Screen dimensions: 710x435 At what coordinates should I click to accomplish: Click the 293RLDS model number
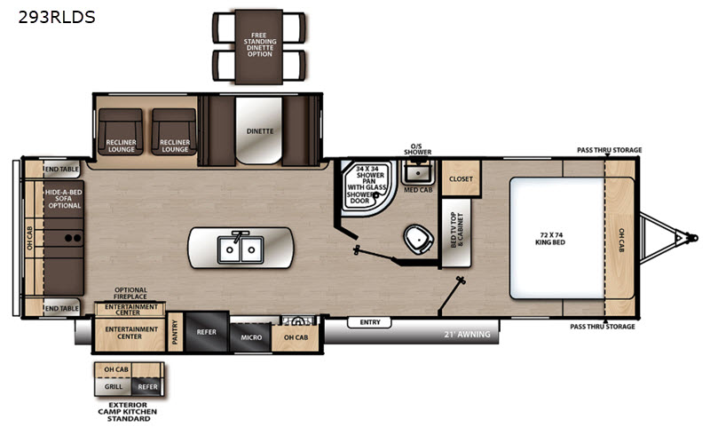tap(57, 17)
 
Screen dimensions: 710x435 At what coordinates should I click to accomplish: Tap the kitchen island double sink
tap(240, 249)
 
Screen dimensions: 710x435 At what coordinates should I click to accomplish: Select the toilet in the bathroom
tap(418, 239)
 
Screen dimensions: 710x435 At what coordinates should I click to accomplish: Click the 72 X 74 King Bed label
tap(549, 238)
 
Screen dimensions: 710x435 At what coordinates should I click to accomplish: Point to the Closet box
tap(461, 178)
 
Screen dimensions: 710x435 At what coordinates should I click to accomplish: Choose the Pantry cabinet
tap(175, 332)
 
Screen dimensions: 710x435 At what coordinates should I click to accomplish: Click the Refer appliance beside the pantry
tap(207, 332)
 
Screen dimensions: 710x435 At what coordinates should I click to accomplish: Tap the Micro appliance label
tap(251, 337)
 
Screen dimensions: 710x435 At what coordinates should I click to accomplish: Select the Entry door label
tap(370, 322)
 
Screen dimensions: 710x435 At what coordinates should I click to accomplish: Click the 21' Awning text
tap(467, 335)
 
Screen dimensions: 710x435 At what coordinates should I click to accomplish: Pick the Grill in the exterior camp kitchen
tap(114, 386)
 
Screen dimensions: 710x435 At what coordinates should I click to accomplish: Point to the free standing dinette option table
tap(259, 46)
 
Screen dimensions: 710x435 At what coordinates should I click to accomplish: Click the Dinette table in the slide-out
tap(259, 130)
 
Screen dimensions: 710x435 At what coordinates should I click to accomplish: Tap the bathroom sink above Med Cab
tap(417, 172)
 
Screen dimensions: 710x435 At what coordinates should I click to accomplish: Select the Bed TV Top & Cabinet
tap(456, 232)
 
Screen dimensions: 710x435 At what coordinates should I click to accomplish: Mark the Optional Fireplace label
tap(130, 293)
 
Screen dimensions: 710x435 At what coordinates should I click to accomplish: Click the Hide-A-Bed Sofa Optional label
tap(64, 199)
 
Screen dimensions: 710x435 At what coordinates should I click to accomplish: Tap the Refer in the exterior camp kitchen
tap(147, 386)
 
